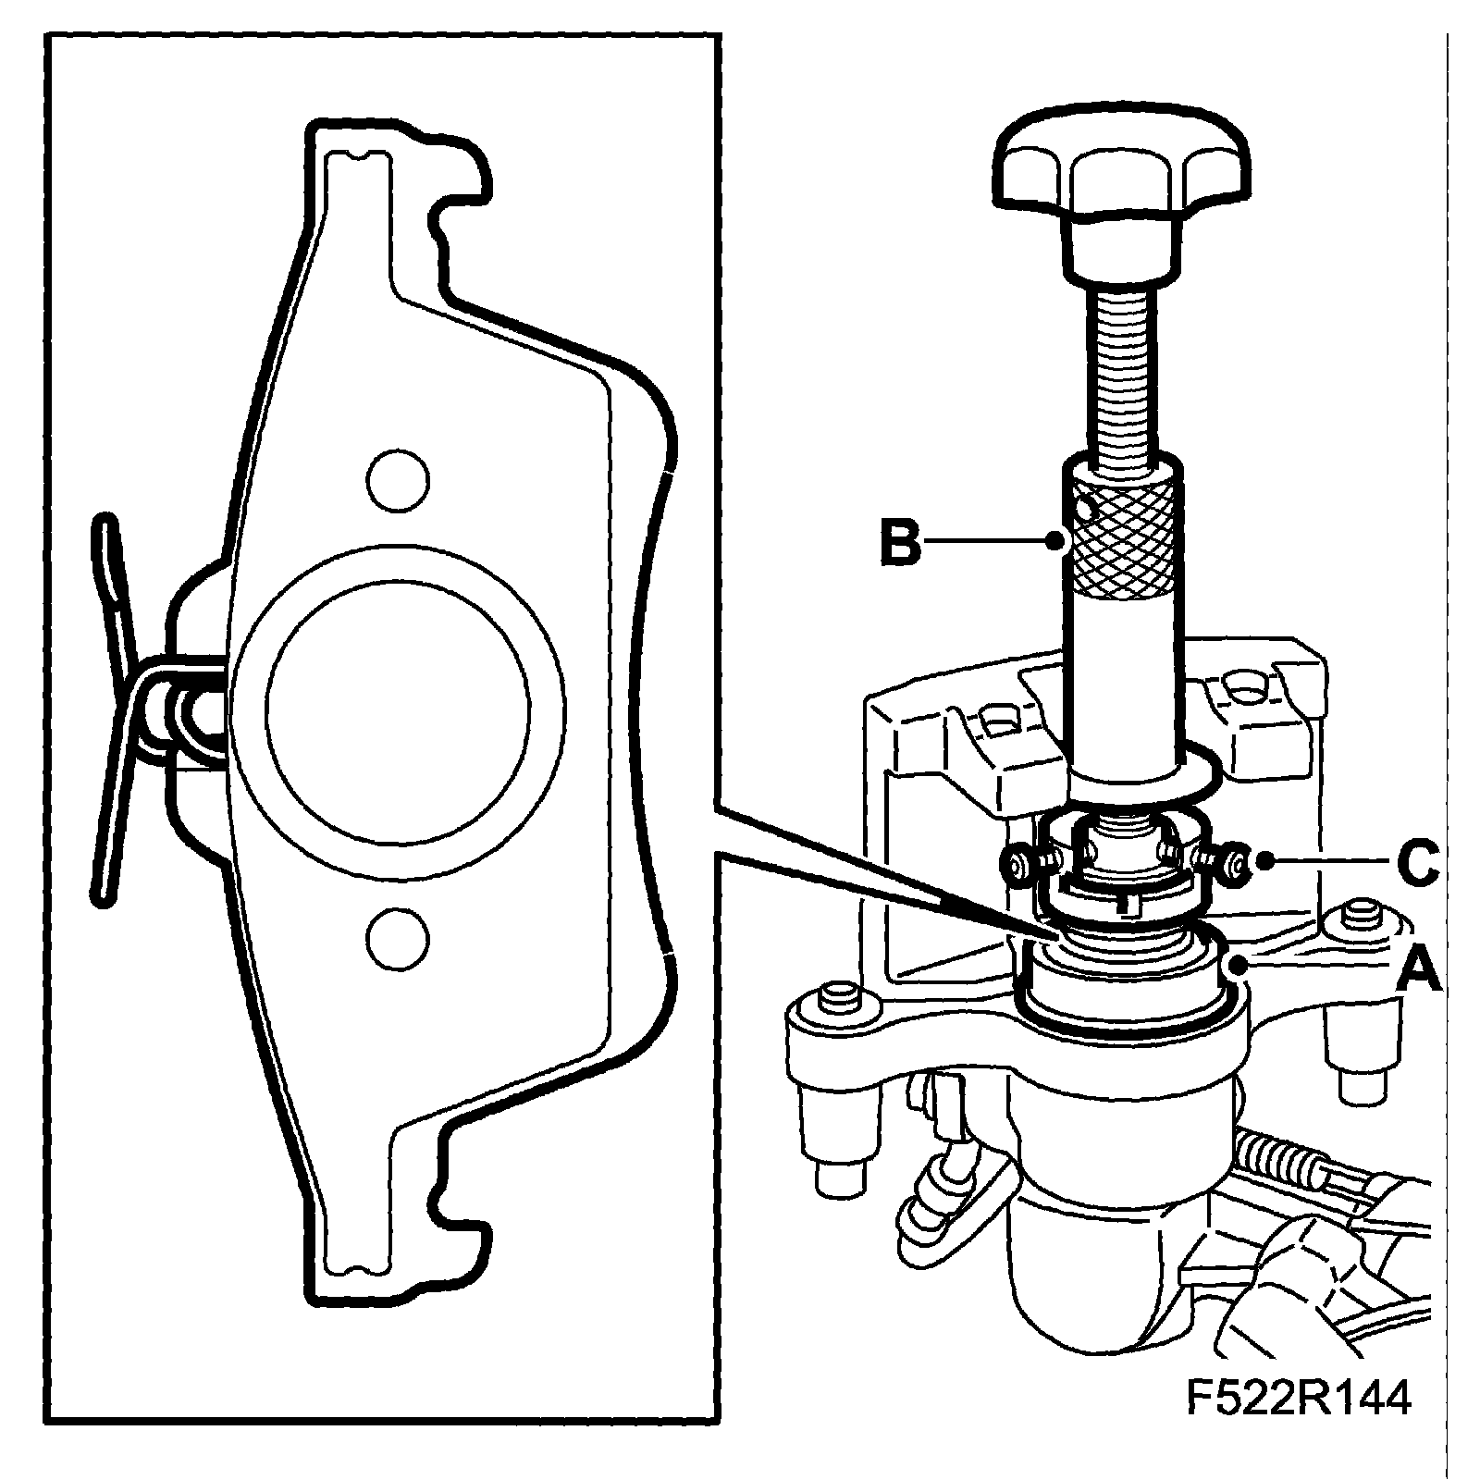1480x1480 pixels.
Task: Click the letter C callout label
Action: (x=1416, y=862)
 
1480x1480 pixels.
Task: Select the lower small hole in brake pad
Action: (x=398, y=938)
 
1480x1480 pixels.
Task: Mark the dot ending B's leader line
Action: (x=1057, y=541)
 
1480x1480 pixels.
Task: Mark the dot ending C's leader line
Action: (x=1264, y=862)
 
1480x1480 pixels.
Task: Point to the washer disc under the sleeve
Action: (x=1193, y=768)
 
